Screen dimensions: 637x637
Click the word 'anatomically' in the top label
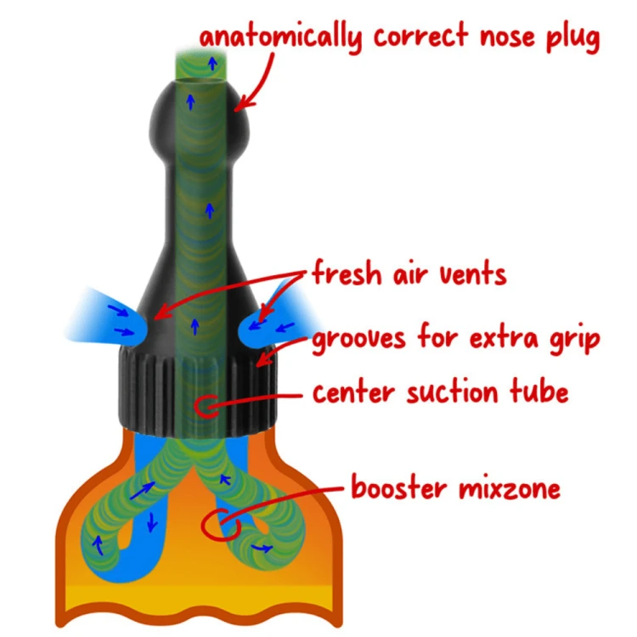[x=280, y=37]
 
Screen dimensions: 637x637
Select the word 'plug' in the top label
[x=572, y=37]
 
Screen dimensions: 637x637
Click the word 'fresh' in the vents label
[x=347, y=272]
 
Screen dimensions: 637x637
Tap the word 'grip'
[x=575, y=338]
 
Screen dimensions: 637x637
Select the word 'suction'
[x=452, y=392]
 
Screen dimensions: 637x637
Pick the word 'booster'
[x=399, y=487]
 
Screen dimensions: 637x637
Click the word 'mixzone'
[x=510, y=488]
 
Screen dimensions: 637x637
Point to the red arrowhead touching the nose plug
[x=243, y=104]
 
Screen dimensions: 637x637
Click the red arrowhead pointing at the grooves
[x=263, y=359]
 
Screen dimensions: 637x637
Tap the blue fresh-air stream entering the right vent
[x=276, y=321]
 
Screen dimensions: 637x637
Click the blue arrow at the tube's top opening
[x=212, y=63]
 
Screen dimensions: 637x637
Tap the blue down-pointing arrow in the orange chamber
[x=152, y=522]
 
